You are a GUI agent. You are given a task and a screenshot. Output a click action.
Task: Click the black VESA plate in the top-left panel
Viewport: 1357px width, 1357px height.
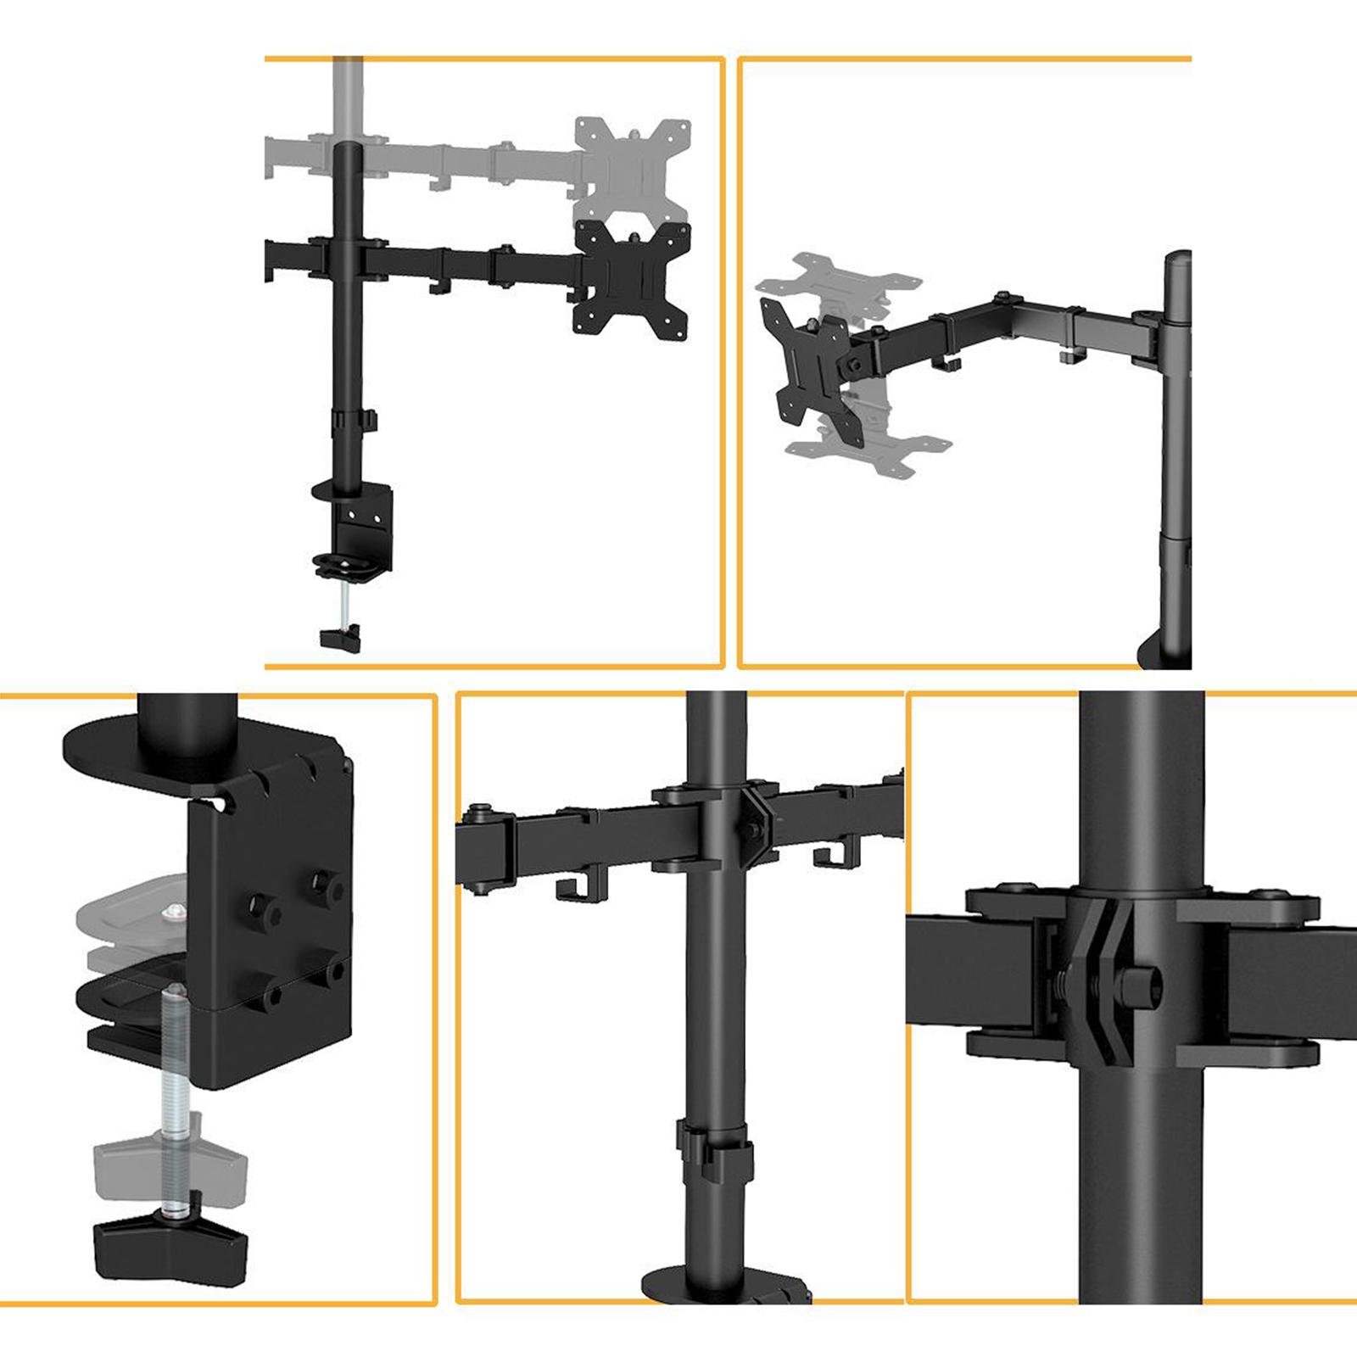tap(632, 278)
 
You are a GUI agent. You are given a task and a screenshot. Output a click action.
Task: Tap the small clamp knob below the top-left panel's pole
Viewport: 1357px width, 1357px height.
tap(341, 638)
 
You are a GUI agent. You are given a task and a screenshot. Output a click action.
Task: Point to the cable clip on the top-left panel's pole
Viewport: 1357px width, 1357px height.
tap(370, 420)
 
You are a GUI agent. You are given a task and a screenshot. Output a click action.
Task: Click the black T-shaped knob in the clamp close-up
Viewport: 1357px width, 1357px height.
tap(170, 1247)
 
